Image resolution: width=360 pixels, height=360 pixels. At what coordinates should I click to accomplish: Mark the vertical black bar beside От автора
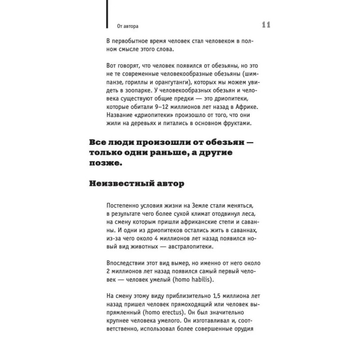click(107, 16)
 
